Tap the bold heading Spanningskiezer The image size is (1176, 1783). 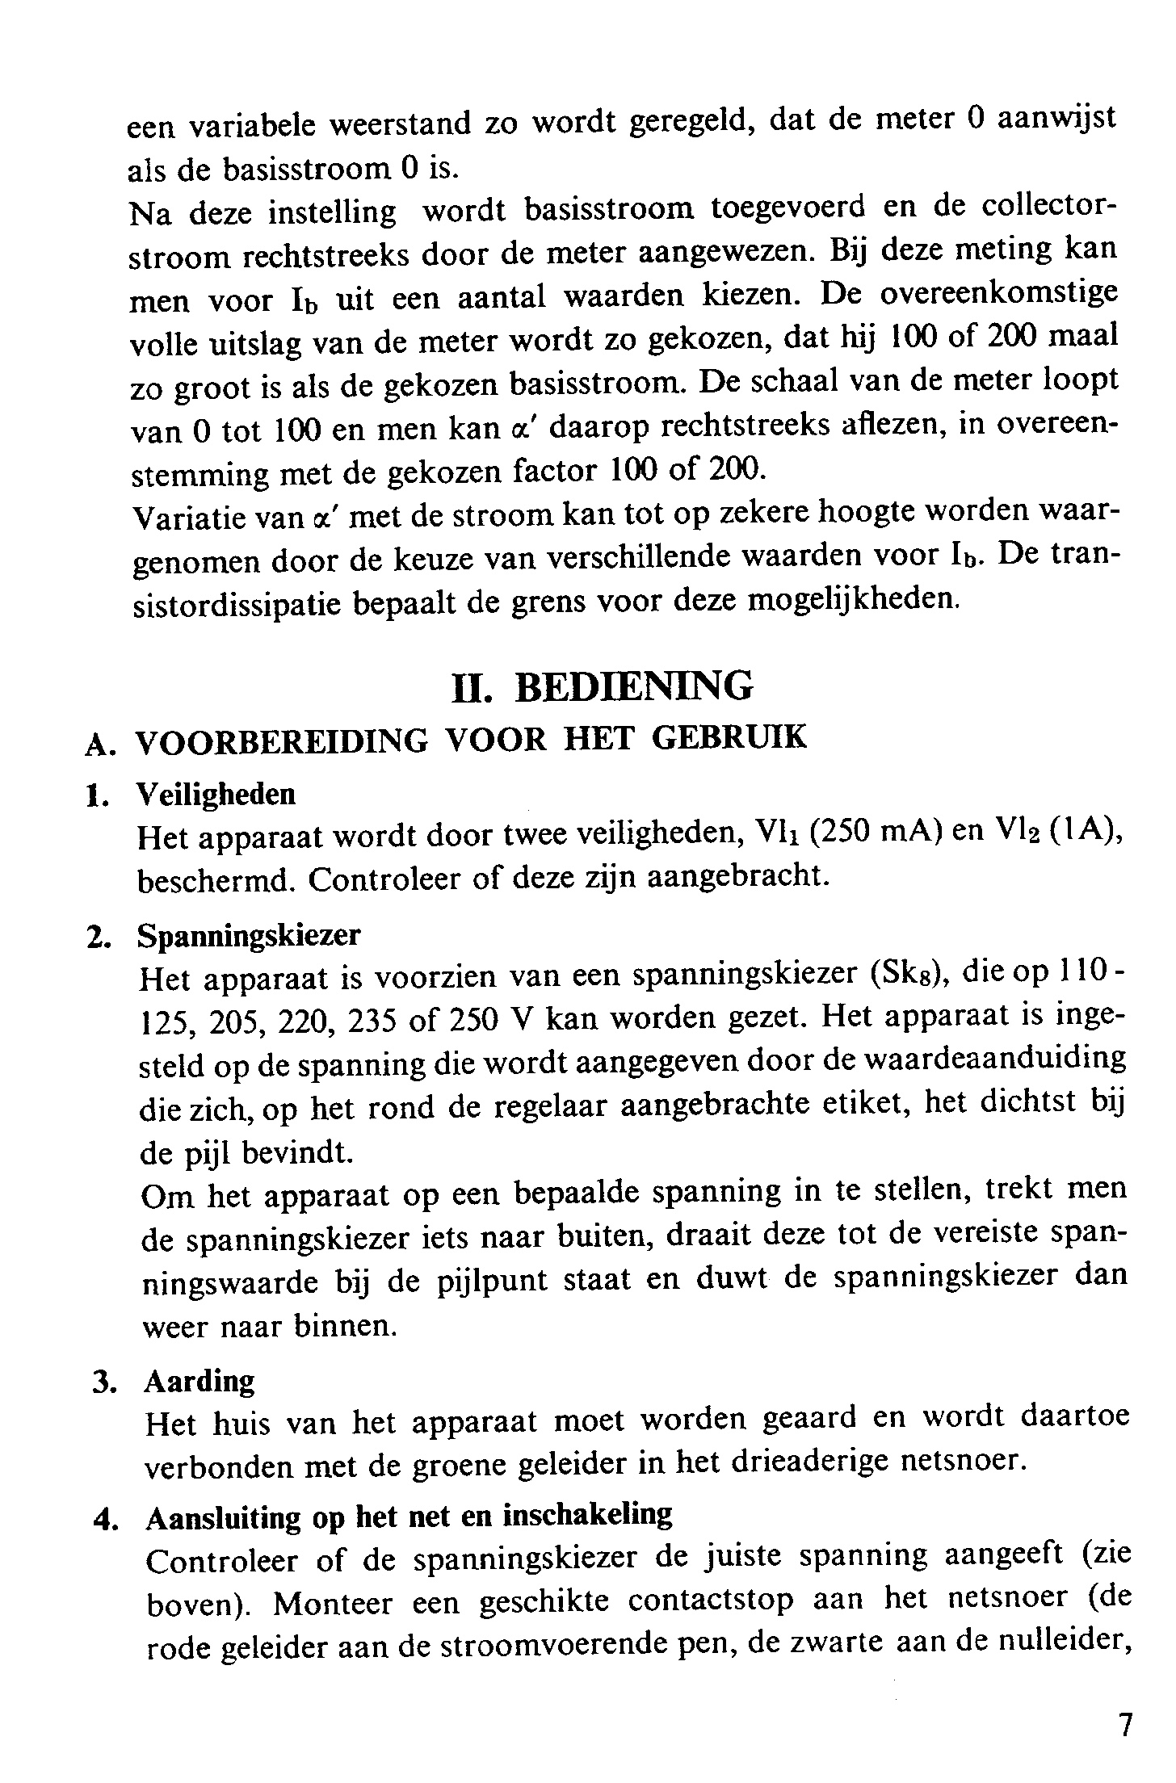[250, 935]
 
